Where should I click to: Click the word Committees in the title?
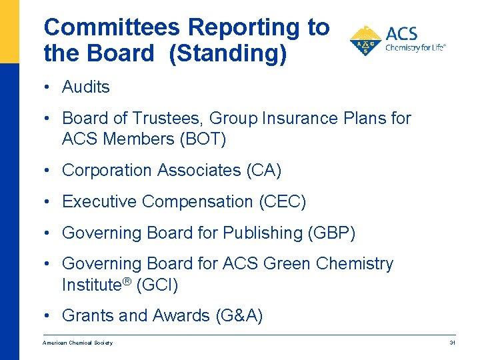pos(112,27)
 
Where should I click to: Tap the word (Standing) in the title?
pos(228,53)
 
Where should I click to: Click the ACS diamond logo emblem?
pos(365,41)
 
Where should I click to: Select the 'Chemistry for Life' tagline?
pos(415,47)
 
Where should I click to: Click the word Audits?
pos(85,87)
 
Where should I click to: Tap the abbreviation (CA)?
pos(264,170)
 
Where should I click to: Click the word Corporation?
pos(107,170)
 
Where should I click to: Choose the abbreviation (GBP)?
pos(331,233)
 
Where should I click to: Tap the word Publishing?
pos(263,233)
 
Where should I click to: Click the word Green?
pos(287,263)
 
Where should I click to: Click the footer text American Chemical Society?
pos(77,343)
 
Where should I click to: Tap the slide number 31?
pos(452,343)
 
